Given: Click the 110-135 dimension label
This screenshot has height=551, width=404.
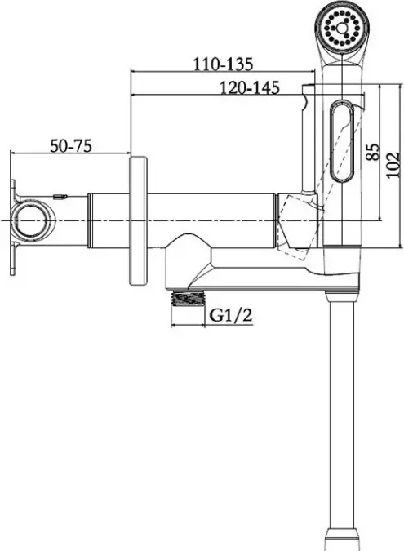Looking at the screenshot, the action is [x=223, y=64].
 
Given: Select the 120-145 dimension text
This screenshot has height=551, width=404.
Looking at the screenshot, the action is [x=250, y=87].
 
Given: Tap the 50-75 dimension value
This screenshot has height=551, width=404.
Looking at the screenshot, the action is [x=71, y=146].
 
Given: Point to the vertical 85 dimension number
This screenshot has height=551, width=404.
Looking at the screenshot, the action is [x=373, y=152].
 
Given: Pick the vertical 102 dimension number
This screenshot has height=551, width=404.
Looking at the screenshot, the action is [x=393, y=165].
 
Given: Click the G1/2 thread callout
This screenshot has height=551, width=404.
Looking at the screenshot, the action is [x=231, y=315].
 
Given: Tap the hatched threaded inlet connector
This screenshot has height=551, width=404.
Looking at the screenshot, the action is [x=188, y=299].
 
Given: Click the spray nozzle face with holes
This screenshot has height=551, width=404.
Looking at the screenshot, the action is [x=341, y=28].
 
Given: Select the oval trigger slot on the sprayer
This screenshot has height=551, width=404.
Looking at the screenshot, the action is [x=342, y=141].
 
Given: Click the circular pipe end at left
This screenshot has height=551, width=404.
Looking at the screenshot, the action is [x=31, y=220].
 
